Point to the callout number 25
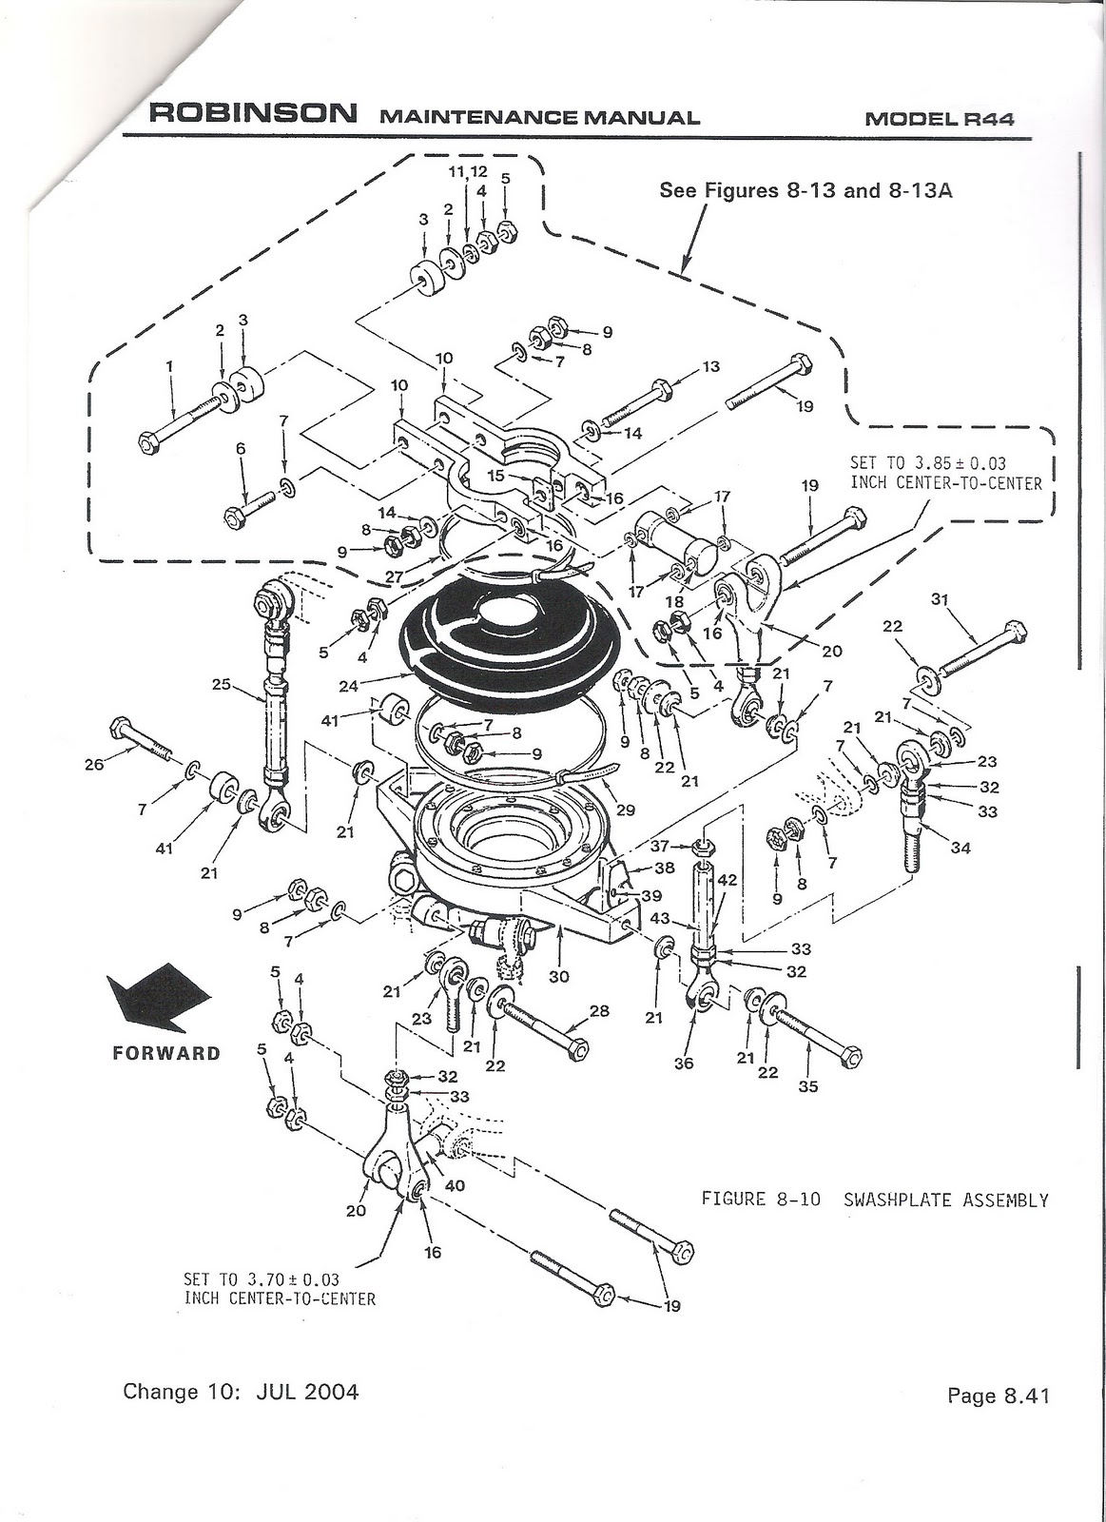click(222, 683)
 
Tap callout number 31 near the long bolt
click(940, 599)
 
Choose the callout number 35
click(807, 1086)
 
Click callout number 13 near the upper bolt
click(710, 366)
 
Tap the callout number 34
click(960, 848)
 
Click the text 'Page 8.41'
click(998, 1396)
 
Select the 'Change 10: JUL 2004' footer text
click(241, 1392)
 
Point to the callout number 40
click(456, 1186)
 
